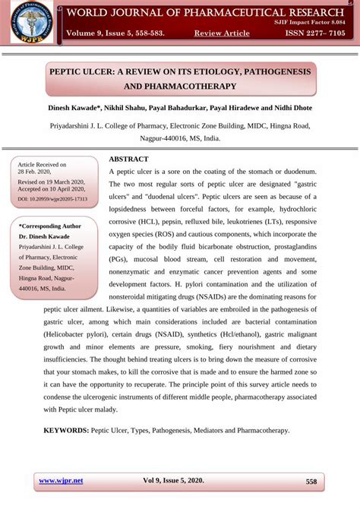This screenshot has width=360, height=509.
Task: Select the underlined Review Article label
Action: [x=222, y=33]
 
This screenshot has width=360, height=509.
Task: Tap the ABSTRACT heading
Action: [x=129, y=159]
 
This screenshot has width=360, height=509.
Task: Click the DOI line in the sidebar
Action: [x=52, y=199]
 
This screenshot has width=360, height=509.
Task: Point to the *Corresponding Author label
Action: [x=49, y=226]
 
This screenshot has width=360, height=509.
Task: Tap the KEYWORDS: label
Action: [x=65, y=430]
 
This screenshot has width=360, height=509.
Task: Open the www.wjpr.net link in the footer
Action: [x=61, y=481]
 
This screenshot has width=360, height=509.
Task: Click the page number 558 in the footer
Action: [x=311, y=482]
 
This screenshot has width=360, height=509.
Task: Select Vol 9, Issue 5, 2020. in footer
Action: [x=173, y=481]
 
